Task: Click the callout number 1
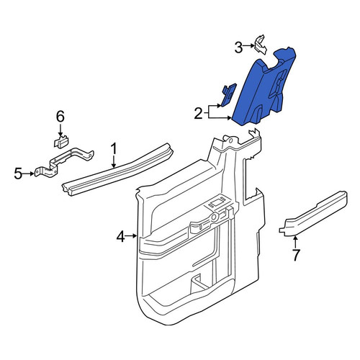114,149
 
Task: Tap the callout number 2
199,114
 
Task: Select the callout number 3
238,48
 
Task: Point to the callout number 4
121,236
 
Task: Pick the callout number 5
18,174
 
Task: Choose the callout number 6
60,117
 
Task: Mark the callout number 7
296,255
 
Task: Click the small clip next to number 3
260,44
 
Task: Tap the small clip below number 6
61,143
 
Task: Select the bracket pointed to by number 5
64,162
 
